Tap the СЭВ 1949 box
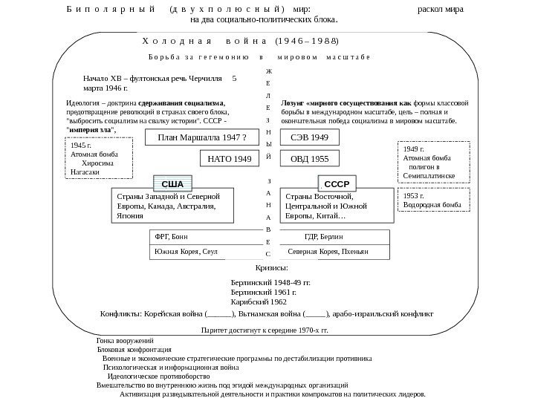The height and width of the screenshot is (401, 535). pos(309,137)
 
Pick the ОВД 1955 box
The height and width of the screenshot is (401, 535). pos(309,158)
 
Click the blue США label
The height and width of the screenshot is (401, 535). pos(172,182)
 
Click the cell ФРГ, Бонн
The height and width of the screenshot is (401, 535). pos(171,237)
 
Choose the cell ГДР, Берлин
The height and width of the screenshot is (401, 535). pos(324,237)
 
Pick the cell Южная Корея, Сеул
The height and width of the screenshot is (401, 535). pos(187,252)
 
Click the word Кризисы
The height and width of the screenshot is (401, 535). pos(271,267)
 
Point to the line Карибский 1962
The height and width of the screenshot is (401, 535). pos(259,302)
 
